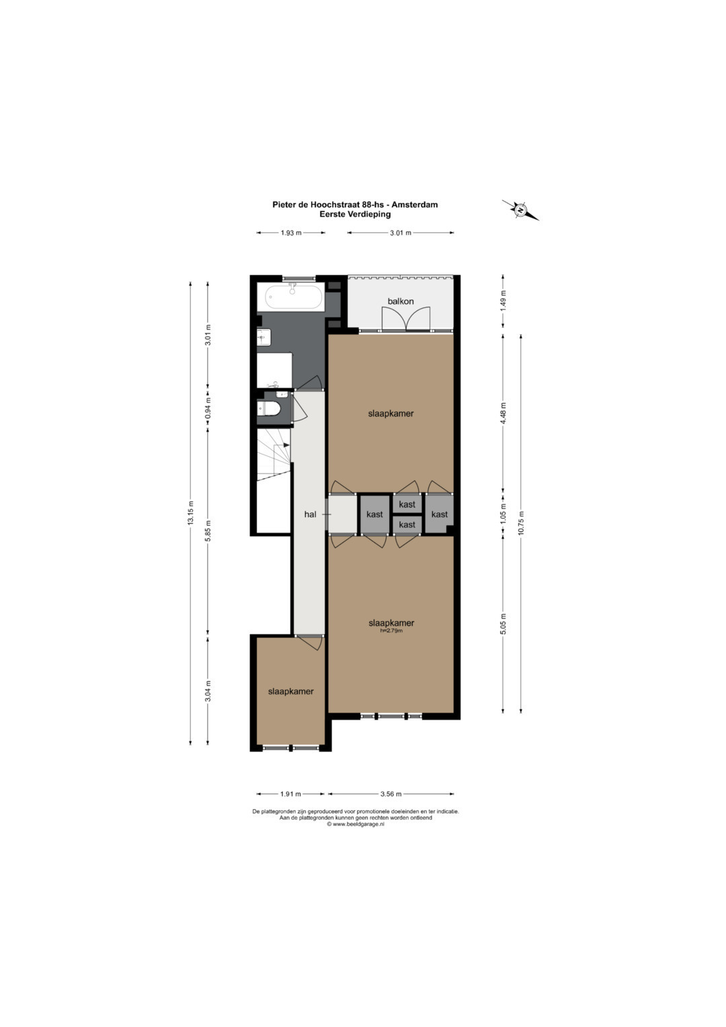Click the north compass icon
pyautogui.click(x=520, y=211)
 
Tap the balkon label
pyautogui.click(x=401, y=301)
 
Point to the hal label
pyautogui.click(x=311, y=515)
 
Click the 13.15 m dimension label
pyautogui.click(x=191, y=513)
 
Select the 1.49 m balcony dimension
pyautogui.click(x=503, y=301)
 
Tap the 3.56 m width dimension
pyautogui.click(x=391, y=794)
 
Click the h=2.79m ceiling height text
pyautogui.click(x=391, y=630)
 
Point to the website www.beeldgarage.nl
pyautogui.click(x=355, y=823)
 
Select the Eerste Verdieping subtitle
pyautogui.click(x=355, y=214)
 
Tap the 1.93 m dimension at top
pyautogui.click(x=291, y=233)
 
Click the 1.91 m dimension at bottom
pyautogui.click(x=290, y=794)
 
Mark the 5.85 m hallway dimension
pyautogui.click(x=208, y=531)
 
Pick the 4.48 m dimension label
pyautogui.click(x=503, y=413)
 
